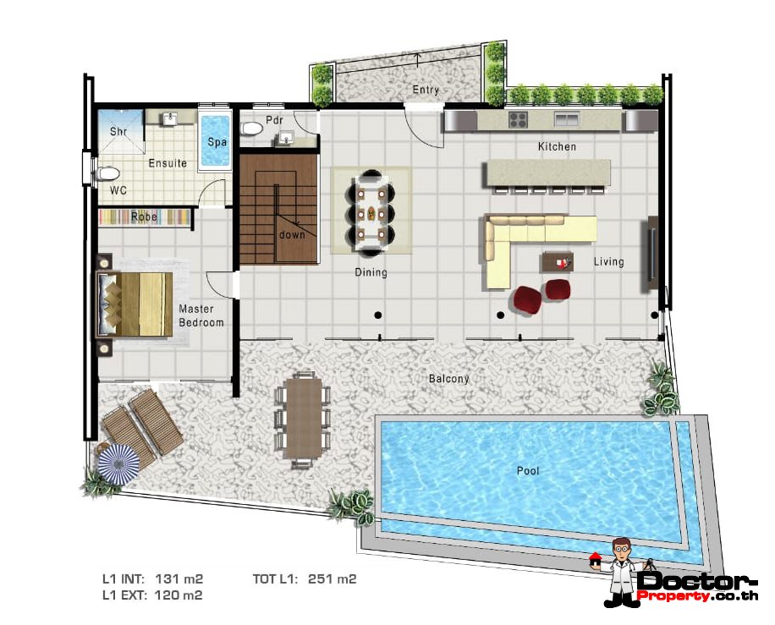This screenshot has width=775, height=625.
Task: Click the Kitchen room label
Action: (x=557, y=147)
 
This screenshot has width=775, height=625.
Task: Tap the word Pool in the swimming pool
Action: (x=528, y=471)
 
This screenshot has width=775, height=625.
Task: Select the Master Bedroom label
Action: (x=201, y=315)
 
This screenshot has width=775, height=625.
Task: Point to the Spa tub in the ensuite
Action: (x=217, y=141)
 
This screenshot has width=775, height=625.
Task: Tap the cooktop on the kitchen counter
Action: (x=518, y=120)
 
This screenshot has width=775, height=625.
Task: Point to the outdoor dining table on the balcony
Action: (x=303, y=417)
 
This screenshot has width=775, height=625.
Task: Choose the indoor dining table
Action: (x=371, y=211)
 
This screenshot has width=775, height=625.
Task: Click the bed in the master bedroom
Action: (x=135, y=304)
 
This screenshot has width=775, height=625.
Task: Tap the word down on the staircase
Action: (x=292, y=234)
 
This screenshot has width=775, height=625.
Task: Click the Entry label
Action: (x=426, y=90)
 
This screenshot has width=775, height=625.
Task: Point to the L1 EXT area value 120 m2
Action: (x=178, y=595)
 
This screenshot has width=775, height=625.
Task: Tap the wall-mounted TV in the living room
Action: (x=652, y=254)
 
